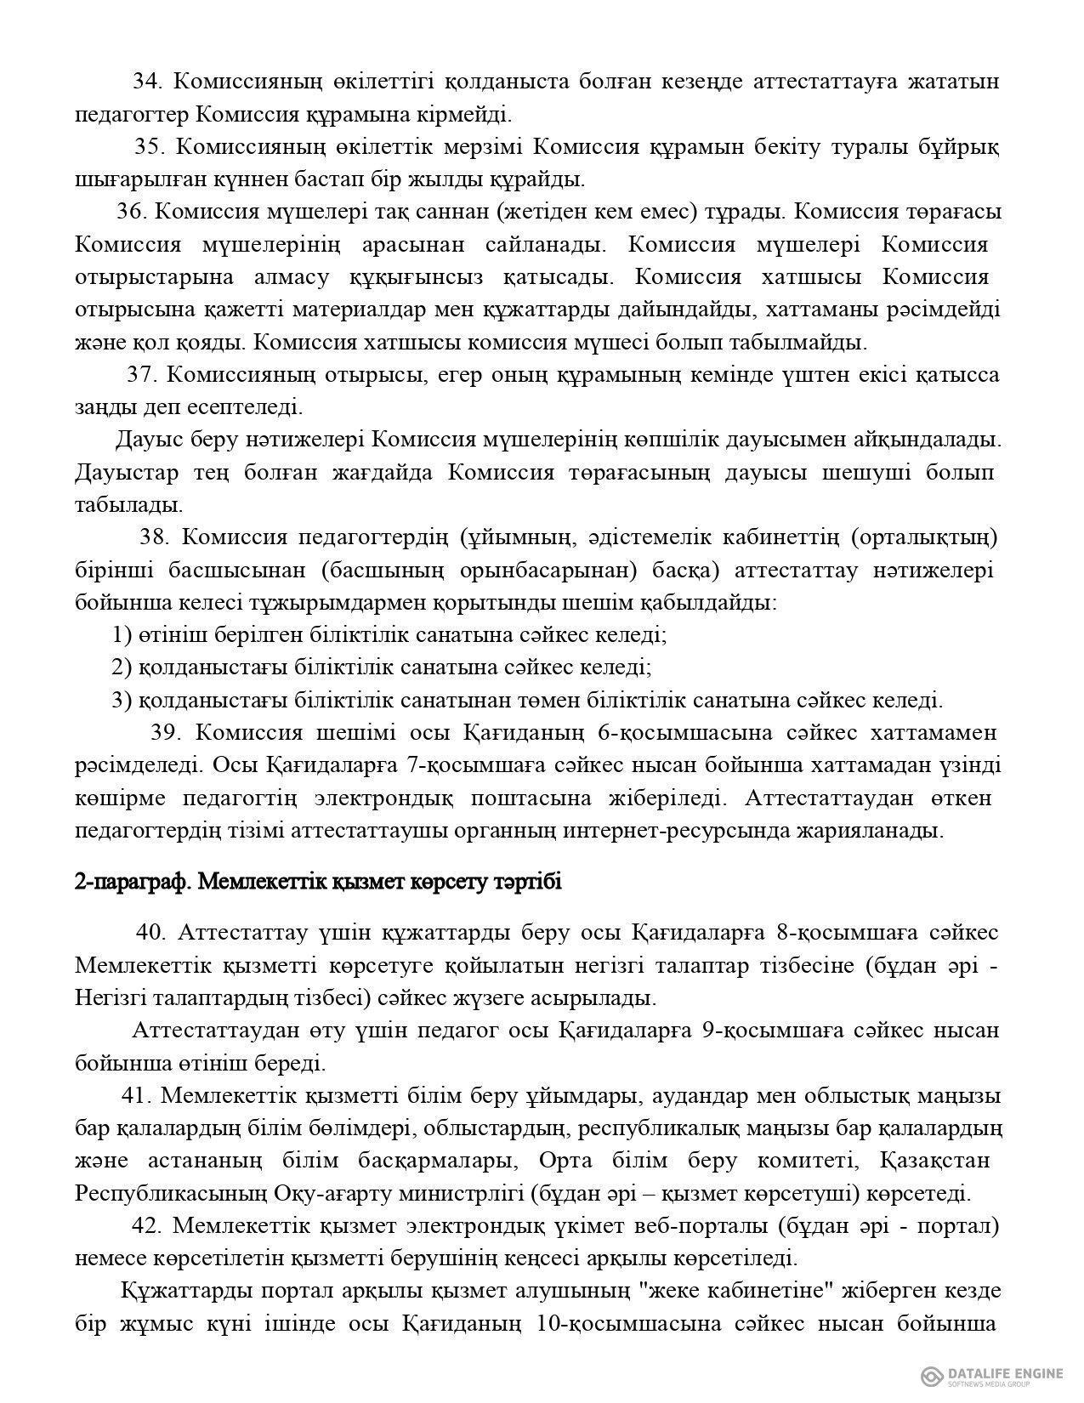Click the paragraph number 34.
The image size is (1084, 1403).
(146, 82)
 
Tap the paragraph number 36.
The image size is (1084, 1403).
(132, 212)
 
